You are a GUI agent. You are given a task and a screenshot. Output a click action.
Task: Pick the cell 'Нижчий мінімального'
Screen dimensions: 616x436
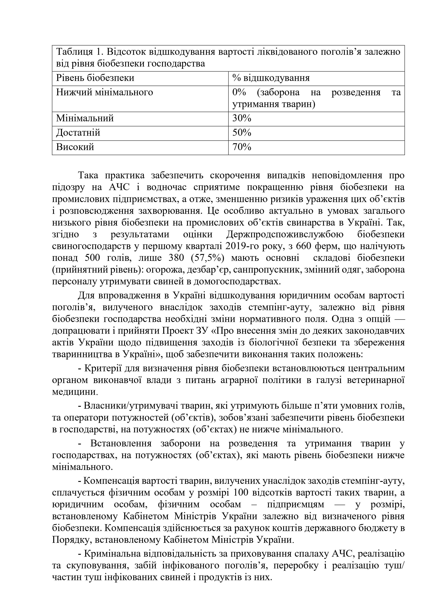click(105, 92)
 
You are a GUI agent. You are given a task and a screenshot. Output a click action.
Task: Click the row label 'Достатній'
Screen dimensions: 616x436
click(78, 133)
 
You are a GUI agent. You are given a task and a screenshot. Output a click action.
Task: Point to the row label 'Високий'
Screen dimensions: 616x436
click(75, 147)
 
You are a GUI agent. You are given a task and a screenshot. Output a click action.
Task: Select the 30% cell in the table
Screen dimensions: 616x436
click(242, 118)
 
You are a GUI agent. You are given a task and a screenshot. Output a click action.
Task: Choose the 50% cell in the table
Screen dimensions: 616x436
click(242, 133)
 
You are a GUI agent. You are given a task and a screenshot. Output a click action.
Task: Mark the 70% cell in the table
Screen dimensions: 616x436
click(242, 147)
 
